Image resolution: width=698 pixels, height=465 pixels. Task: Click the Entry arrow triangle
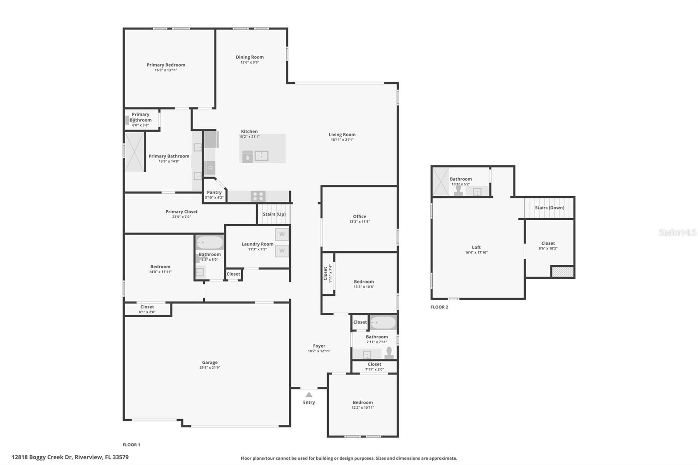(309, 394)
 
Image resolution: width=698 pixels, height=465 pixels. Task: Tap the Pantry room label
(214, 192)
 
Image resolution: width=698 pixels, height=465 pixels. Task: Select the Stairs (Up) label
(274, 214)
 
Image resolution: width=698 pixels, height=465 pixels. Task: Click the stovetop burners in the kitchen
(258, 196)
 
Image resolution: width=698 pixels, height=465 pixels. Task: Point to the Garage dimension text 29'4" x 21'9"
(210, 368)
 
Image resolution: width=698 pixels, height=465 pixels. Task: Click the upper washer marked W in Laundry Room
(282, 234)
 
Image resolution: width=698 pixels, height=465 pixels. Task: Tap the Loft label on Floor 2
(476, 247)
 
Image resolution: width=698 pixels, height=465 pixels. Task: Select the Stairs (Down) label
(549, 208)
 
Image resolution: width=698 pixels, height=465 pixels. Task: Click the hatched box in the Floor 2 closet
(562, 272)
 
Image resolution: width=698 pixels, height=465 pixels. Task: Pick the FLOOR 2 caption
(439, 307)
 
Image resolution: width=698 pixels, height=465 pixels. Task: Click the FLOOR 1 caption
(131, 445)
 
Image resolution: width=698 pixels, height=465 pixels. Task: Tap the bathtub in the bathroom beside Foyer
(383, 323)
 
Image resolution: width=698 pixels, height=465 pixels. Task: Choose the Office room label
(359, 216)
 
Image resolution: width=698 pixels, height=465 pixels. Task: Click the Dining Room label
(250, 57)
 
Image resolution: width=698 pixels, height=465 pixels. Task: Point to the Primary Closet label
(181, 212)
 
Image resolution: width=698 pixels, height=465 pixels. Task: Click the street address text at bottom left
(70, 458)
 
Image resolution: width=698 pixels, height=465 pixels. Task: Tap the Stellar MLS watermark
(677, 232)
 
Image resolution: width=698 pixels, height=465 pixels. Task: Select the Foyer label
(319, 346)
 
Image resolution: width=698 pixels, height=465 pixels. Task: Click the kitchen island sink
(261, 156)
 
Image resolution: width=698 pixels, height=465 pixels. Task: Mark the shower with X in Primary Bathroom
(134, 152)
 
